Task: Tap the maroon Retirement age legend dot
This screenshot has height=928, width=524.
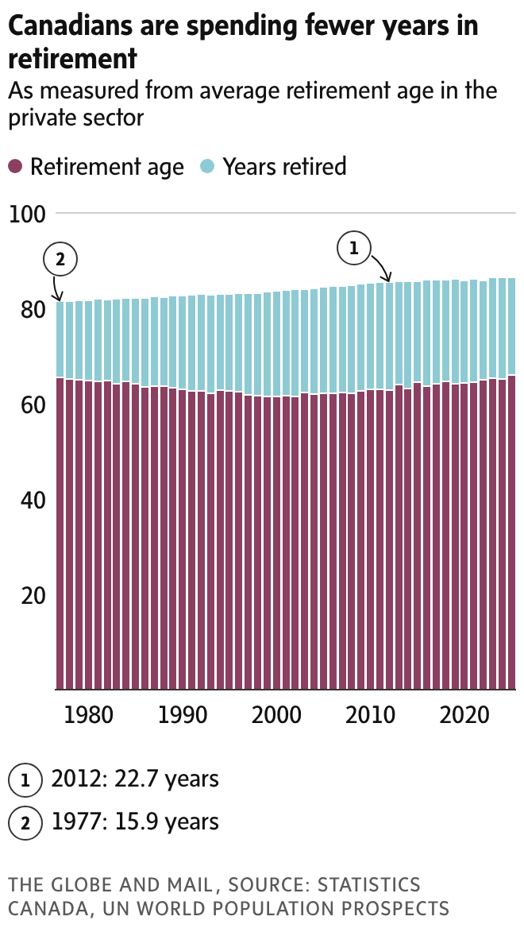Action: pos(15,167)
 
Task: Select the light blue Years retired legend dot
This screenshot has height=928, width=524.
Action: pos(207,167)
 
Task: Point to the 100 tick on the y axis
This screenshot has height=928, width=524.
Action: pos(27,214)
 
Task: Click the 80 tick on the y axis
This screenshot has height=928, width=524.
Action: pos(27,309)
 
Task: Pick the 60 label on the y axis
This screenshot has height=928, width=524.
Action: pos(27,404)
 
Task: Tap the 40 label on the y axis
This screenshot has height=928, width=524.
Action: pos(27,500)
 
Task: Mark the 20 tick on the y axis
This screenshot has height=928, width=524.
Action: pos(27,595)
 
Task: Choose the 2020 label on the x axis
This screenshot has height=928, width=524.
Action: pos(464,714)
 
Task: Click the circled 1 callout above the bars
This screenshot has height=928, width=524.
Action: pos(354,248)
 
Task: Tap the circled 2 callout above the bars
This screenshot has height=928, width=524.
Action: pos(61,258)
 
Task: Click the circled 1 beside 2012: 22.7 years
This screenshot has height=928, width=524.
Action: pos(25,780)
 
